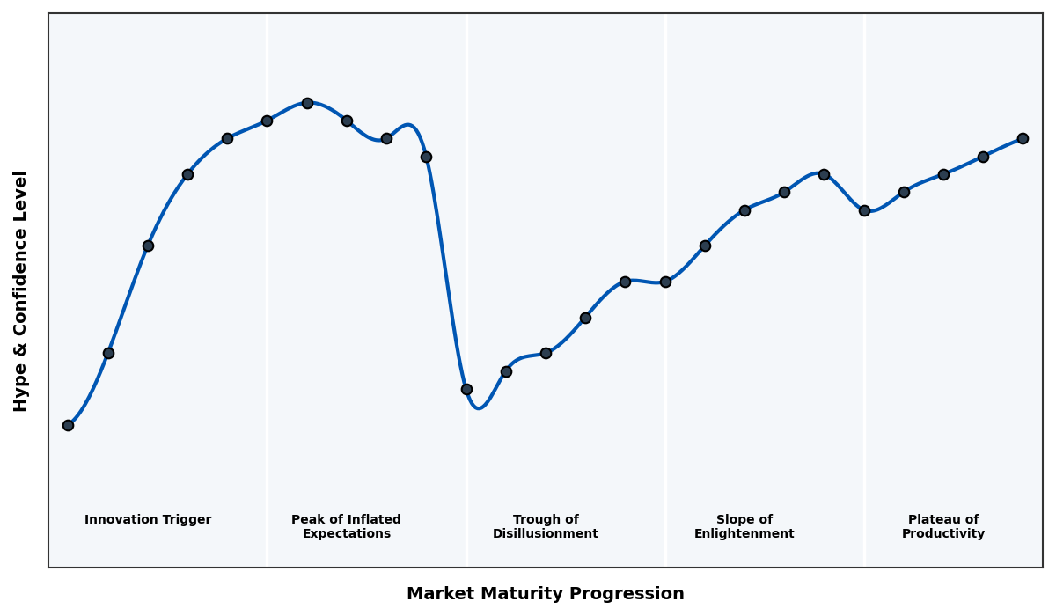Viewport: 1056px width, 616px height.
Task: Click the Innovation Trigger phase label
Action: (148, 520)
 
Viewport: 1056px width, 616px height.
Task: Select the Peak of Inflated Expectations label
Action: (346, 527)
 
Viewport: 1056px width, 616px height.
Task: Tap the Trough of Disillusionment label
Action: (545, 527)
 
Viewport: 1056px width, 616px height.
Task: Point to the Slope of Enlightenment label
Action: (744, 527)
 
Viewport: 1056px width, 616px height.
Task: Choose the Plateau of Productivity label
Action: (942, 527)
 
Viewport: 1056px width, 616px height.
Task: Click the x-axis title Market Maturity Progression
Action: (545, 594)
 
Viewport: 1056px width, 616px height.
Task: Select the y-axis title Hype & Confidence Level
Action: (21, 290)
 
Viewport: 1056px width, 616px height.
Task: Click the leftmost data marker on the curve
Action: (68, 425)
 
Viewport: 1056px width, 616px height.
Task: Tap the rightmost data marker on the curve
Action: (1023, 138)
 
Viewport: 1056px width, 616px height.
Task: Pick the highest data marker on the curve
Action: (307, 103)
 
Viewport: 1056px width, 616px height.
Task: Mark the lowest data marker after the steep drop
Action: (466, 389)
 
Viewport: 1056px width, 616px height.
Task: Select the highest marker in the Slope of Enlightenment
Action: (824, 174)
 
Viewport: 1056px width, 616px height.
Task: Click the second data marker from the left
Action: (108, 353)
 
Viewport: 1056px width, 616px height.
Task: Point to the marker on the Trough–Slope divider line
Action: (665, 282)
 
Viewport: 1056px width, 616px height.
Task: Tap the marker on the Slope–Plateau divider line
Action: (864, 210)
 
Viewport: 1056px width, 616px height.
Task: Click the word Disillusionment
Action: (545, 534)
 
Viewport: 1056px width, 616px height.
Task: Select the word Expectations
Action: (346, 534)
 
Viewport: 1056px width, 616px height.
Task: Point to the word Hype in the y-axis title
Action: (21, 394)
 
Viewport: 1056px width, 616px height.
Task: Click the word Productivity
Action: (942, 534)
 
